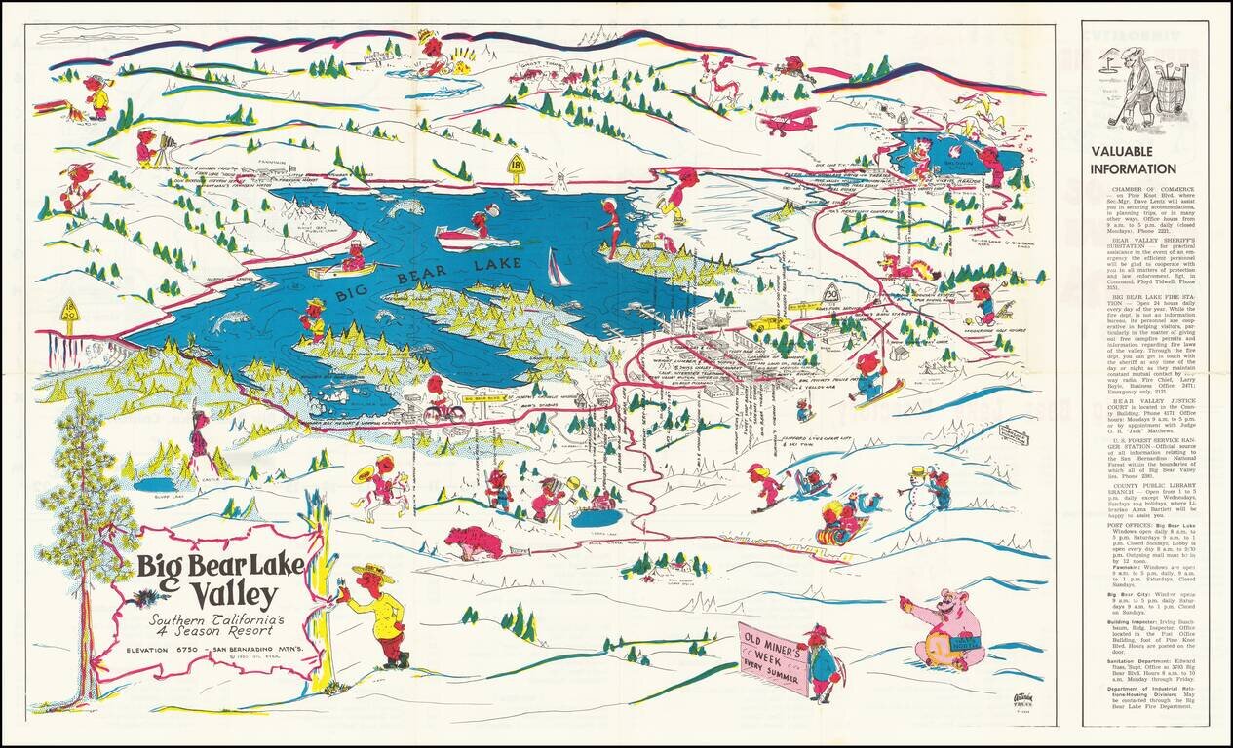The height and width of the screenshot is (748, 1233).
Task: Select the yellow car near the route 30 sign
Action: coord(769,321)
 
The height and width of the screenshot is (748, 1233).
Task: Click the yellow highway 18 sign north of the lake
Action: coord(517,168)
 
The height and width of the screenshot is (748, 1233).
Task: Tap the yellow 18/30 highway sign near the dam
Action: coord(69,310)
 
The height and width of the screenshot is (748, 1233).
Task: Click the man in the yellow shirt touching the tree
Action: coord(376,614)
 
